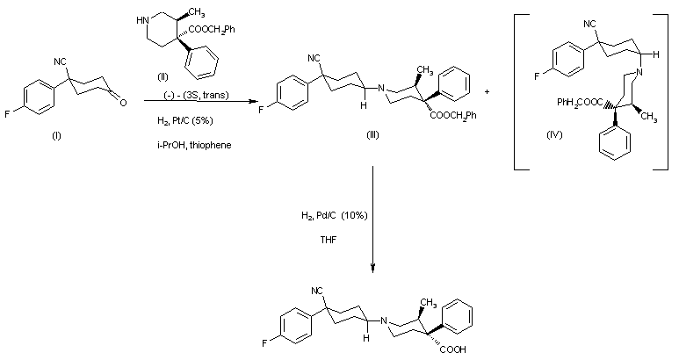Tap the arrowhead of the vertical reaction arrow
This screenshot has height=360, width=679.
tap(374, 266)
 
